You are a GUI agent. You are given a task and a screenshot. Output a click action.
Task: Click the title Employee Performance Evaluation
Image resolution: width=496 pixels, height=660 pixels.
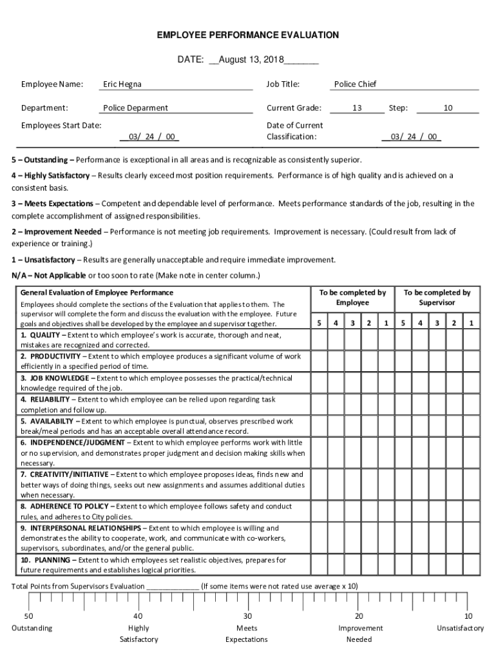[248, 35]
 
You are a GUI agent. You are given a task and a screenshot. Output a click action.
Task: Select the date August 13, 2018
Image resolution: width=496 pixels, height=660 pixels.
[247, 60]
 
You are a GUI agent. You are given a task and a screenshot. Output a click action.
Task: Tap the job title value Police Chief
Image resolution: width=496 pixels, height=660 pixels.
[355, 84]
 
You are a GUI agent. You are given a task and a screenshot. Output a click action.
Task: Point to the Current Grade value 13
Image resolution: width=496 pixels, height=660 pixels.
[356, 108]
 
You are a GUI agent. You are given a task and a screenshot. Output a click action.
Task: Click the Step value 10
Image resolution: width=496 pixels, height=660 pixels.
[448, 108]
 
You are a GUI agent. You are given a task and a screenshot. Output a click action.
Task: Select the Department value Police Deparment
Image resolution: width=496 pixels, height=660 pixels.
[135, 108]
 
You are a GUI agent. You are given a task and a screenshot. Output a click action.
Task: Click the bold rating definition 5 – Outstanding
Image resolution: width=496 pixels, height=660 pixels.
[43, 160]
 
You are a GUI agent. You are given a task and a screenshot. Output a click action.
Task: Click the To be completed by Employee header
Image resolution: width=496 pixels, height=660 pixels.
[352, 298]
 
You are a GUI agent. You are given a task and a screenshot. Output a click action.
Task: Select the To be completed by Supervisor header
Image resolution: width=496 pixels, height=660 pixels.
[437, 298]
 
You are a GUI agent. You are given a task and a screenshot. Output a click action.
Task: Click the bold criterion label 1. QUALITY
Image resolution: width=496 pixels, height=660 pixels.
[41, 336]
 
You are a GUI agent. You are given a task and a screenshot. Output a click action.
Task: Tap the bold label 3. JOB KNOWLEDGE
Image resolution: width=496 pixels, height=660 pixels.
[55, 378]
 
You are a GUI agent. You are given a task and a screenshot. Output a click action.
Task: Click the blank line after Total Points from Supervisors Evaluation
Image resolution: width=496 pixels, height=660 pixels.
[173, 587]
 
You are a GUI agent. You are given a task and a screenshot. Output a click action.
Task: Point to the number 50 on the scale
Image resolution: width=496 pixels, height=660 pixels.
[28, 616]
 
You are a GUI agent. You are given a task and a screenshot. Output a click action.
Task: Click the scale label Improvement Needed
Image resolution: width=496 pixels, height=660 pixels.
[360, 634]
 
